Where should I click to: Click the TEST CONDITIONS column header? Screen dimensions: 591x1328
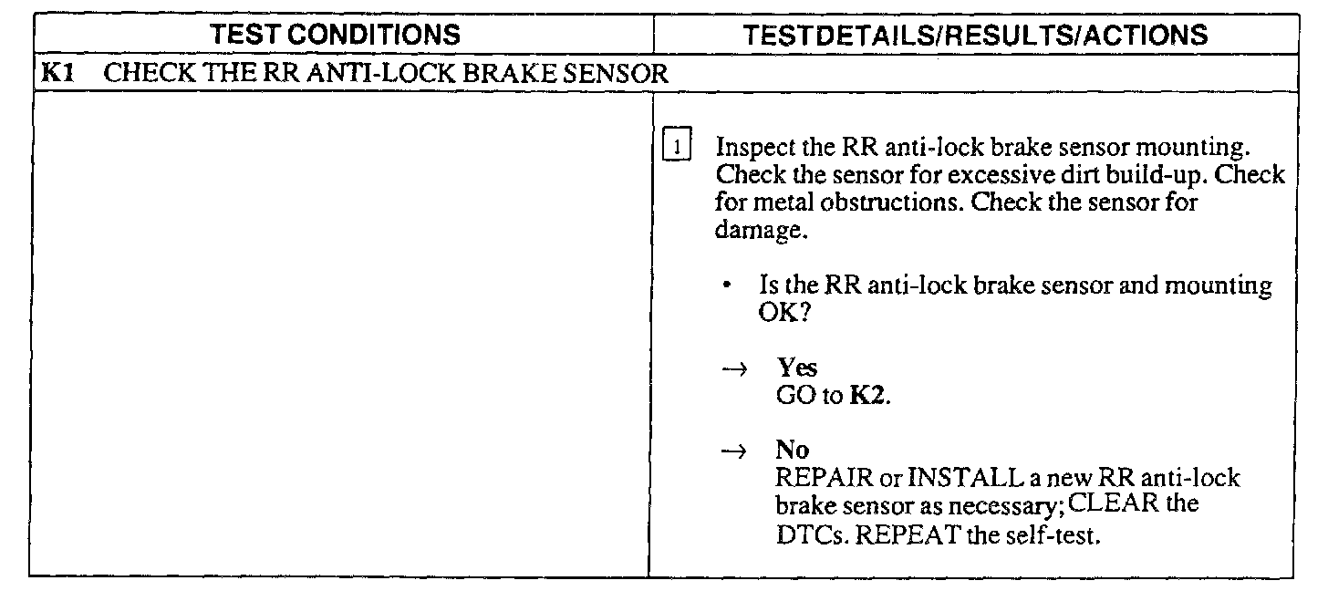tap(336, 36)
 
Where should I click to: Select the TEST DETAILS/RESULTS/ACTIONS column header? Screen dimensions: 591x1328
tap(975, 36)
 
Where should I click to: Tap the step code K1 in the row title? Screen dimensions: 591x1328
tap(57, 74)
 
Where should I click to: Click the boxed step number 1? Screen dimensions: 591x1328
tap(676, 148)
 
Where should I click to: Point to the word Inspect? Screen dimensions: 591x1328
tap(752, 149)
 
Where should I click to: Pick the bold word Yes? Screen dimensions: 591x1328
tap(796, 368)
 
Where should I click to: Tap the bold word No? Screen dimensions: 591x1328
tap(793, 451)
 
